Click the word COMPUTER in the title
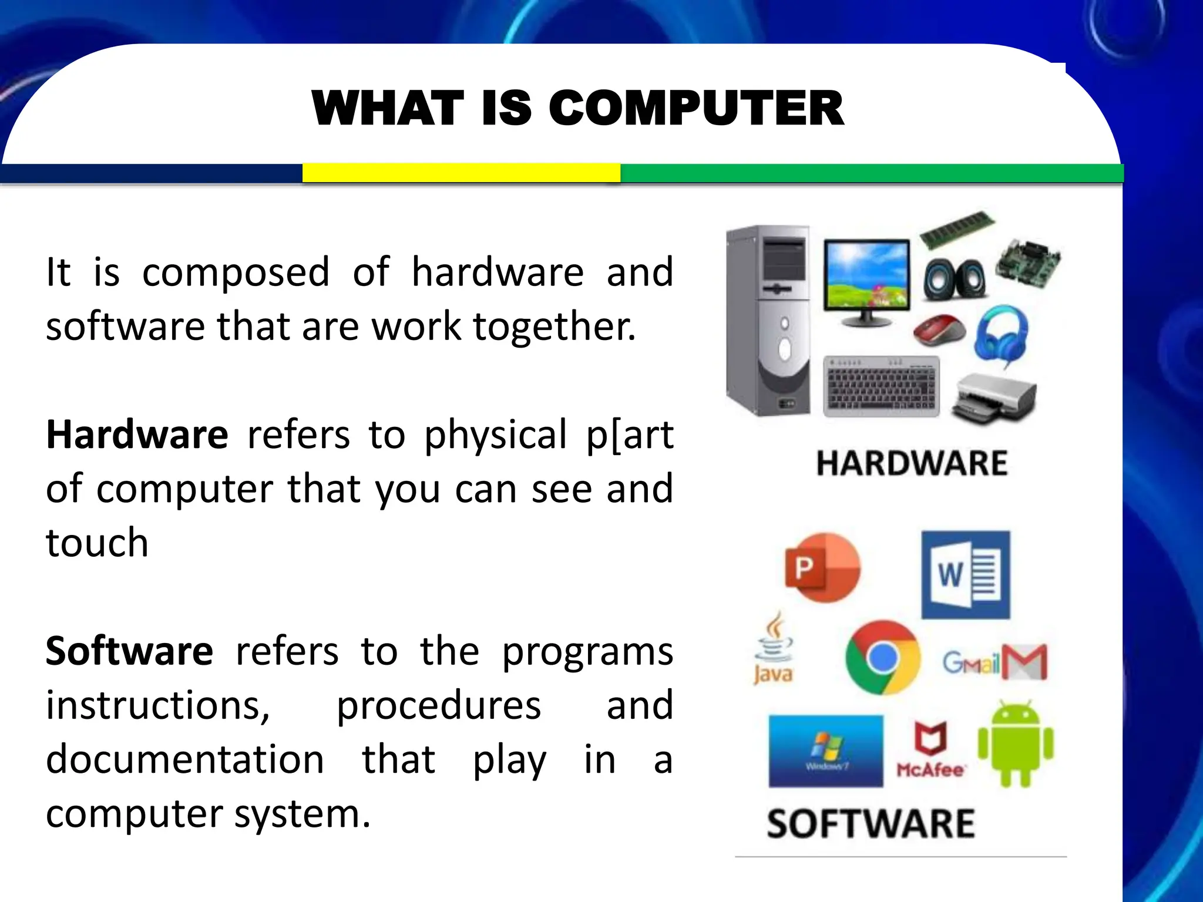pyautogui.click(x=696, y=109)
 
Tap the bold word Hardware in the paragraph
pyautogui.click(x=137, y=435)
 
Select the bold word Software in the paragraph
pyautogui.click(x=129, y=652)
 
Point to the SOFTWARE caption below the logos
pyautogui.click(x=871, y=823)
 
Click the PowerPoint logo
pyautogui.click(x=822, y=568)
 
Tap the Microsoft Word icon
pyautogui.click(x=966, y=574)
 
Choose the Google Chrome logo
pyautogui.click(x=882, y=658)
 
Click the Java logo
pyautogui.click(x=774, y=649)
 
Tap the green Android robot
pyautogui.click(x=1016, y=744)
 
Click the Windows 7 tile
pyautogui.click(x=826, y=750)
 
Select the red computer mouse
pyautogui.click(x=939, y=330)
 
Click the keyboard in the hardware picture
pyautogui.click(x=881, y=386)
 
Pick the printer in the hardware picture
pyautogui.click(x=994, y=398)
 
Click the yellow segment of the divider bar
pyautogui.click(x=461, y=173)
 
